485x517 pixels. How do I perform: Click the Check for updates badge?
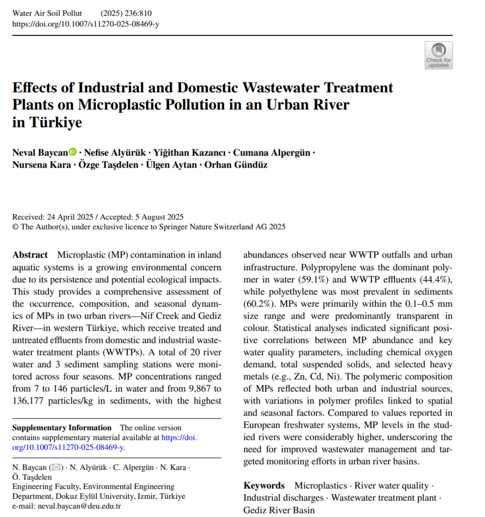click(x=439, y=55)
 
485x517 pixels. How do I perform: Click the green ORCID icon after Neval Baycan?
click(x=73, y=151)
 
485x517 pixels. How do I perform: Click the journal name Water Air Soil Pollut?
click(x=47, y=13)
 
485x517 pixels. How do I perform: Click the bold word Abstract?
click(x=30, y=255)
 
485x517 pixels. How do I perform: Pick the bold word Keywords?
click(x=264, y=486)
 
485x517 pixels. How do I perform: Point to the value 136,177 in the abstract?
click(x=30, y=400)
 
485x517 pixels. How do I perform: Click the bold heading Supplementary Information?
click(x=62, y=428)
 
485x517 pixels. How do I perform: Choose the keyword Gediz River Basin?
click(x=279, y=510)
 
